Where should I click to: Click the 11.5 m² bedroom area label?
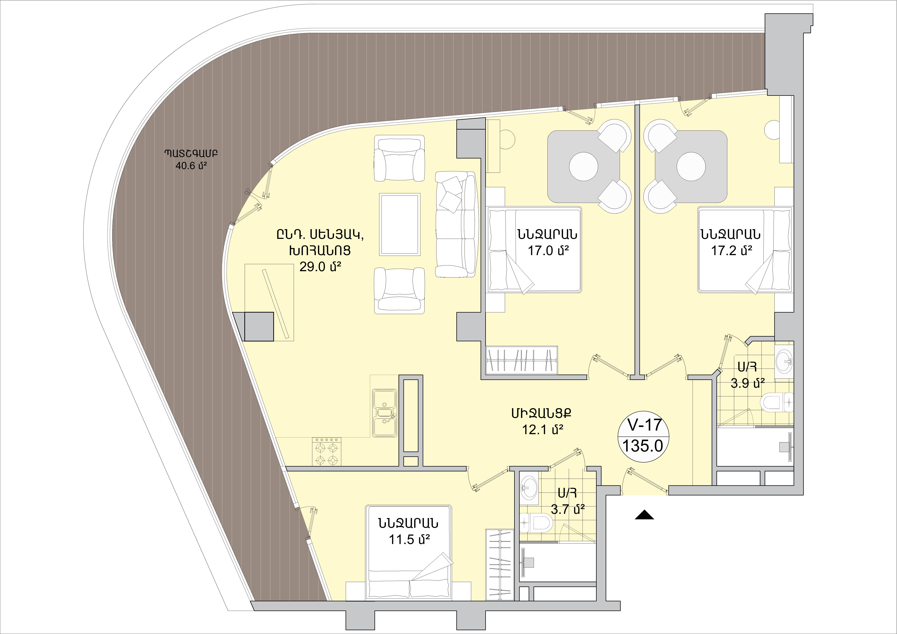point(409,540)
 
